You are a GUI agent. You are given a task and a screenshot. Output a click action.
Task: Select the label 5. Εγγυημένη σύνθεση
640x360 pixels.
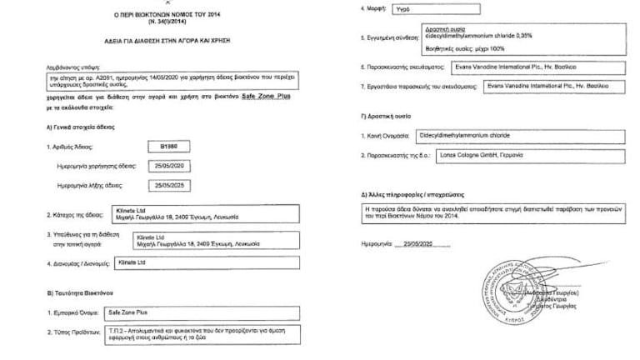click(392, 38)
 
